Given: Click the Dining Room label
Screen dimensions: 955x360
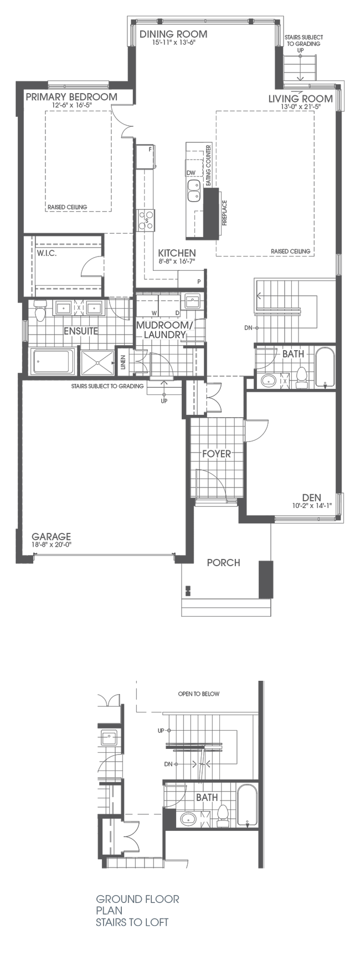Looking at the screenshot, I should tap(173, 34).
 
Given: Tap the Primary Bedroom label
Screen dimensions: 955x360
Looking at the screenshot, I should tap(71, 97).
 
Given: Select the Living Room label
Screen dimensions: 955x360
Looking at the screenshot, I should tap(300, 99).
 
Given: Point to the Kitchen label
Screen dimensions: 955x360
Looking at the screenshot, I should tap(177, 253).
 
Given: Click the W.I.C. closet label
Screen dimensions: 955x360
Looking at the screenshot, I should tap(47, 254).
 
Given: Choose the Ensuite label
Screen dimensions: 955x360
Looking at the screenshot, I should tap(81, 331).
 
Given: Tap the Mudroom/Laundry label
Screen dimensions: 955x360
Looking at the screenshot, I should tap(164, 330).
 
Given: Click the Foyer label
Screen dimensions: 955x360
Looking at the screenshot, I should tap(216, 454).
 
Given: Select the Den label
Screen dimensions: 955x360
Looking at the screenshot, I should tap(311, 497).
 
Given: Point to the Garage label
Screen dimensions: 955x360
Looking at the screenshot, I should tap(51, 536).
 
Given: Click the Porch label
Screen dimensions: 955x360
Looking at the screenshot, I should tap(223, 563).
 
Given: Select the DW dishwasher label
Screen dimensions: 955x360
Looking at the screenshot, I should tap(192, 173).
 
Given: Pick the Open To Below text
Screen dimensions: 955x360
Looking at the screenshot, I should tap(198, 694).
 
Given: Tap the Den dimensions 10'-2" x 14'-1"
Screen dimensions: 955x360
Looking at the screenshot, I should tap(312, 505).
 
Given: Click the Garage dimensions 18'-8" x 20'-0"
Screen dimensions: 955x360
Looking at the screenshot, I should tap(52, 544).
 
